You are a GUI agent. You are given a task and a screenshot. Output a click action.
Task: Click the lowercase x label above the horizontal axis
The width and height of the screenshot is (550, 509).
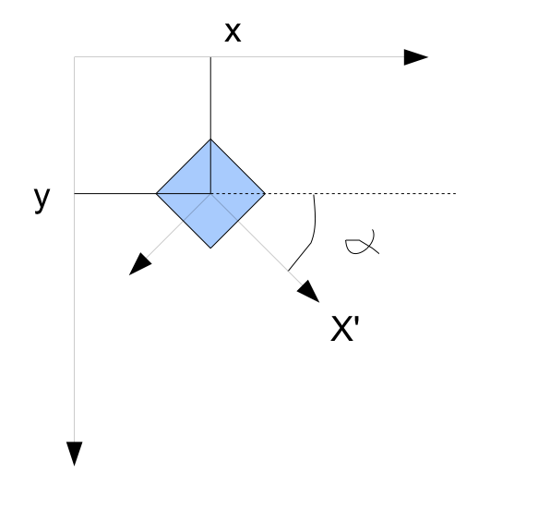click(x=233, y=32)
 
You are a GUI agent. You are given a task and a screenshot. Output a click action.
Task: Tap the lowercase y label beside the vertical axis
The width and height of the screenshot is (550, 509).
click(x=42, y=200)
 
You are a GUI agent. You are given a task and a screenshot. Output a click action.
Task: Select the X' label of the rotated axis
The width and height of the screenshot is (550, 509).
click(x=345, y=328)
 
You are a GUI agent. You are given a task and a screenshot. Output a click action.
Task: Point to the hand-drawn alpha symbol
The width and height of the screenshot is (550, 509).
click(x=362, y=242)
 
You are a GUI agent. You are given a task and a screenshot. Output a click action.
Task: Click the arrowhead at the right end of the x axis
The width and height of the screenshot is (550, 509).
click(x=416, y=57)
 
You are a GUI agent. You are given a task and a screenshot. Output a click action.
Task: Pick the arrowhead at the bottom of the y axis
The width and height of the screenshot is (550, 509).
click(x=75, y=454)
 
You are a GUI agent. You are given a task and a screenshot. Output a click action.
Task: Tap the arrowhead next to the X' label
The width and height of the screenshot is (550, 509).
click(x=309, y=291)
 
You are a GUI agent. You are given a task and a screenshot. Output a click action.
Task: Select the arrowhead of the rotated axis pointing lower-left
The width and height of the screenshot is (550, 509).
click(x=140, y=263)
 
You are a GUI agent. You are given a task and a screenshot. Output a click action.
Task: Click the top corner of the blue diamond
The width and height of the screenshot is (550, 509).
click(x=210, y=139)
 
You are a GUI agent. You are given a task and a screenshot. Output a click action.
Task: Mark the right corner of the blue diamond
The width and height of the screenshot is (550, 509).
click(x=265, y=193)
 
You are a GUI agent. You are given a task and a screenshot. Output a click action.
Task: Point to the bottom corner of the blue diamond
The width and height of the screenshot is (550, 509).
click(x=210, y=248)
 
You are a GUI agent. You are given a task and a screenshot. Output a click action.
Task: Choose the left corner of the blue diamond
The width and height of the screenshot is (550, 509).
click(x=156, y=193)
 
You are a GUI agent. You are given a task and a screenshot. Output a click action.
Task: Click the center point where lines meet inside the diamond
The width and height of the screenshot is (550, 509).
click(x=210, y=193)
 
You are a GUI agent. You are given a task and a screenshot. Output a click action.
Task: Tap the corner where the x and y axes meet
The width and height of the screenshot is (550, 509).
click(x=75, y=57)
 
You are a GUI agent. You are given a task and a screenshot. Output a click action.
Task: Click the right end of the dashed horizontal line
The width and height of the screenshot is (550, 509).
click(x=456, y=193)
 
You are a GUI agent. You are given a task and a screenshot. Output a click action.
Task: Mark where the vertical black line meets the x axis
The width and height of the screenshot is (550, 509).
click(x=210, y=57)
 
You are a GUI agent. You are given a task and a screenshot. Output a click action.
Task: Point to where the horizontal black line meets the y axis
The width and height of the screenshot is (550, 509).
click(x=75, y=193)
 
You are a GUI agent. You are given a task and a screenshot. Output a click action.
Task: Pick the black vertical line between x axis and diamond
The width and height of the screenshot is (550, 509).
click(x=210, y=98)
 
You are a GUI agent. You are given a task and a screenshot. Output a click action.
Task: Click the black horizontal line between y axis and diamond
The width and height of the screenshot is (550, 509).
click(x=115, y=193)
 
